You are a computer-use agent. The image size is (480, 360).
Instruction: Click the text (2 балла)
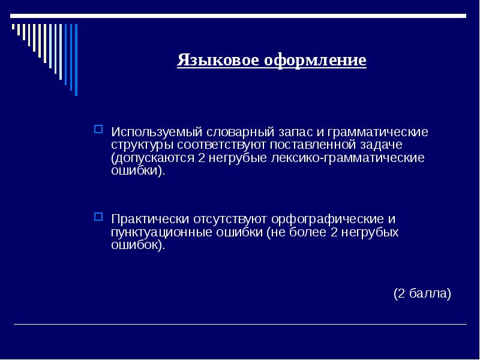coord(422,294)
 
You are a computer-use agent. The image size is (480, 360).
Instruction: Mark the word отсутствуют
coord(232,219)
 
